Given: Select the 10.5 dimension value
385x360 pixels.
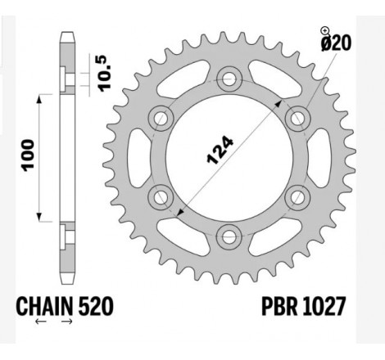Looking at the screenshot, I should coord(105,73).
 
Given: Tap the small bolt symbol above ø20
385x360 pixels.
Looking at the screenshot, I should coord(324,30).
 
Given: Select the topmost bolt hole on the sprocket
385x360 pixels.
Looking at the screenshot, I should coord(226,79).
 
